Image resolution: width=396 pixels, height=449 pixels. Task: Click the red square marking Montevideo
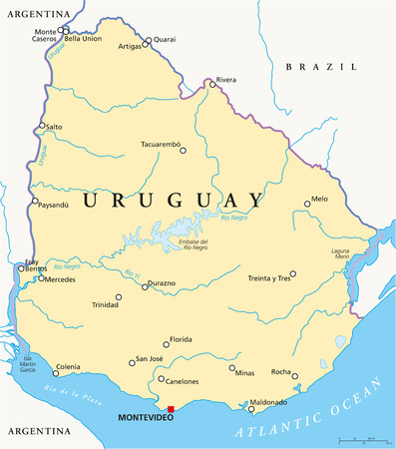(x=171, y=409)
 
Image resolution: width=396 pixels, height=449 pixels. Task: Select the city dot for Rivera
(x=211, y=85)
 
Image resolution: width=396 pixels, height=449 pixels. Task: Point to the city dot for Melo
(x=307, y=205)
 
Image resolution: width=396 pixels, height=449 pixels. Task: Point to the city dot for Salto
(x=42, y=127)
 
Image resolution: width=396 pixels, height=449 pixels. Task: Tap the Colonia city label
(x=68, y=366)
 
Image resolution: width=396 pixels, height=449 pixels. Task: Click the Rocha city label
(x=281, y=372)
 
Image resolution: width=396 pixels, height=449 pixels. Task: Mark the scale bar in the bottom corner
(x=362, y=440)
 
